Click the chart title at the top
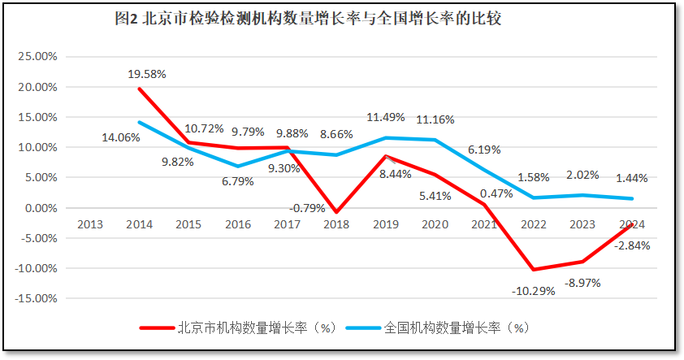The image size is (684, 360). point(308,18)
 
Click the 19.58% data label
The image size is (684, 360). point(147,74)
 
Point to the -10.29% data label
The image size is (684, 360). point(534,290)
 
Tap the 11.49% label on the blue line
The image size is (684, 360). point(386,117)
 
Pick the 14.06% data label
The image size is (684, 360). point(121,137)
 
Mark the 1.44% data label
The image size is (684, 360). point(631,178)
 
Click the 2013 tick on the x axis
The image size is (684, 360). point(90,224)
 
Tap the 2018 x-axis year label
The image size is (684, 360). point(336,224)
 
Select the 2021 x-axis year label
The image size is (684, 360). point(484,224)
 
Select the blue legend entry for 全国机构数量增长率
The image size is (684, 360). point(439,328)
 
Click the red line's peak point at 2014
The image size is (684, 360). point(140,89)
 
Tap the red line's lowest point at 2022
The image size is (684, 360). point(534,270)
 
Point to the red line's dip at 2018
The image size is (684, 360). point(336,212)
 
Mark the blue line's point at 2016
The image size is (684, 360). point(238,167)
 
